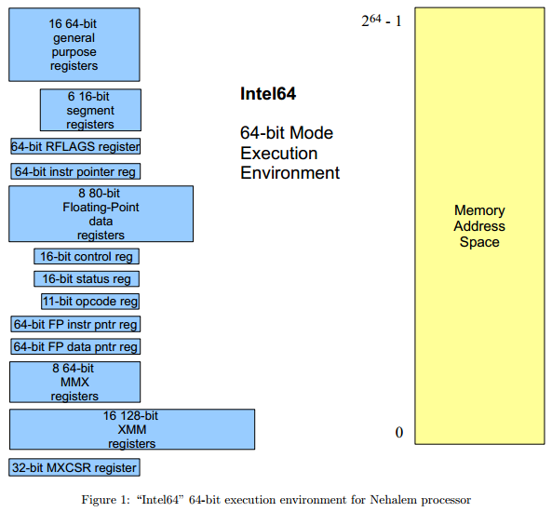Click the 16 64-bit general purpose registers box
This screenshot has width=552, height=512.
[74, 45]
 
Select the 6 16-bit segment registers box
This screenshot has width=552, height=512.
[90, 110]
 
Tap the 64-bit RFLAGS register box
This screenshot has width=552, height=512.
[75, 146]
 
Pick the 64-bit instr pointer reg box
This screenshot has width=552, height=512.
[75, 171]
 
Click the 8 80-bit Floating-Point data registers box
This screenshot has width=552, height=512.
[101, 214]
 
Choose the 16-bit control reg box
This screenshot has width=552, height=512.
[87, 256]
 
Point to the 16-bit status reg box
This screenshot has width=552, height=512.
[87, 278]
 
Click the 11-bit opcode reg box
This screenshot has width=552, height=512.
[90, 301]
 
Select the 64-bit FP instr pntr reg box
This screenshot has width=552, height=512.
[75, 324]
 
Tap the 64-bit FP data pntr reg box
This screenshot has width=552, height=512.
[75, 346]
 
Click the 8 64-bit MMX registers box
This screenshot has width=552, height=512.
[74, 382]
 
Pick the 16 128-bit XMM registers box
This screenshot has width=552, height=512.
[131, 429]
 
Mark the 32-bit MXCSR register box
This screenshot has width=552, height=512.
[74, 467]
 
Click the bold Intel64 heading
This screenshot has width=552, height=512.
[268, 93]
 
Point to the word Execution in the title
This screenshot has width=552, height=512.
[279, 153]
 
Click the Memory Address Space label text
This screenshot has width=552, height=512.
[479, 226]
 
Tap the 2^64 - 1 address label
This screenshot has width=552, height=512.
[382, 18]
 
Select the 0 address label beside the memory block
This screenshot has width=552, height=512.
[399, 433]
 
